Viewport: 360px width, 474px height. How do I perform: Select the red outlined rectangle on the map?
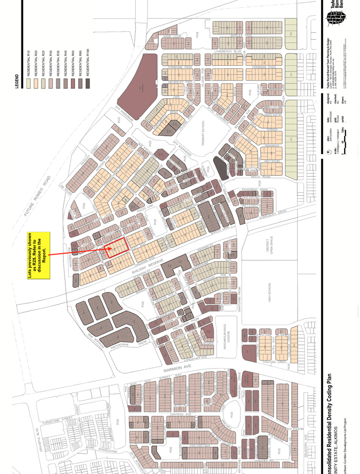115,248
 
